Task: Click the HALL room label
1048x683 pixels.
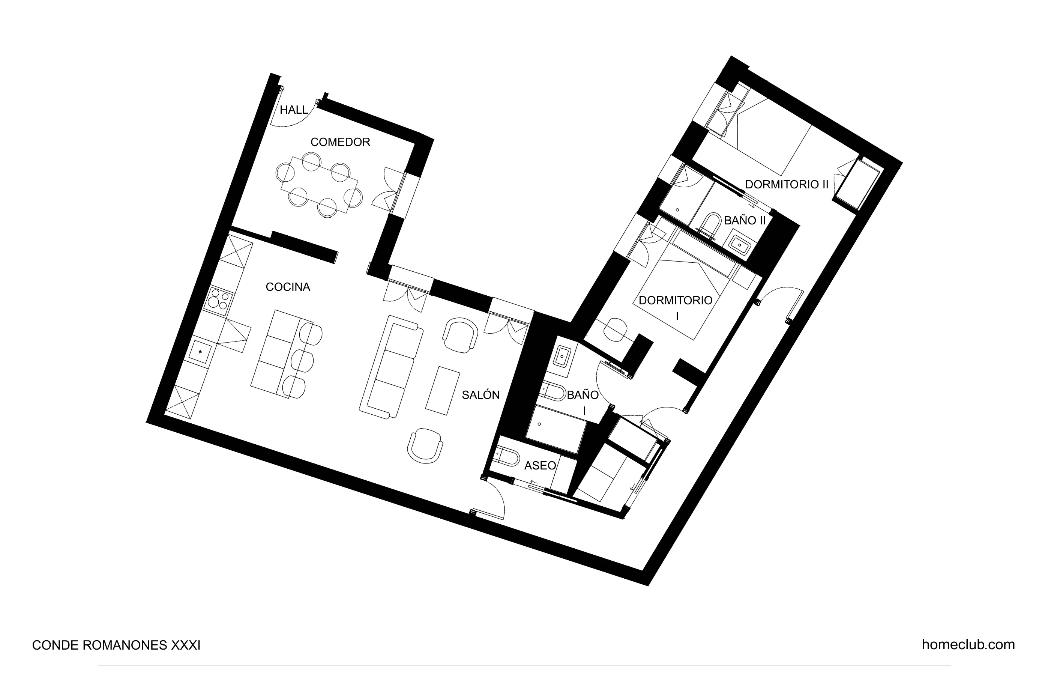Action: [294, 110]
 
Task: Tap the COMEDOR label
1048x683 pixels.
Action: [340, 142]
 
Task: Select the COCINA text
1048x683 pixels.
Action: [288, 287]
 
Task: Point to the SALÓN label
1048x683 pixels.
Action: [480, 395]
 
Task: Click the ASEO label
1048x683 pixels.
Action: [540, 465]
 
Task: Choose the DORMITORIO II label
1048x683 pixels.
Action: [787, 184]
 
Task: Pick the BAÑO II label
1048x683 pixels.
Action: [745, 220]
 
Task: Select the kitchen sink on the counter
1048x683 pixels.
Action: [201, 352]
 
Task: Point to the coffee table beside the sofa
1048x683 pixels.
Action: [443, 390]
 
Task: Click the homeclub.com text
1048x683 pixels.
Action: [968, 645]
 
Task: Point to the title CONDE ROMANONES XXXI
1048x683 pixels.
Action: [116, 645]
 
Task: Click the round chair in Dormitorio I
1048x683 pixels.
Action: [615, 329]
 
